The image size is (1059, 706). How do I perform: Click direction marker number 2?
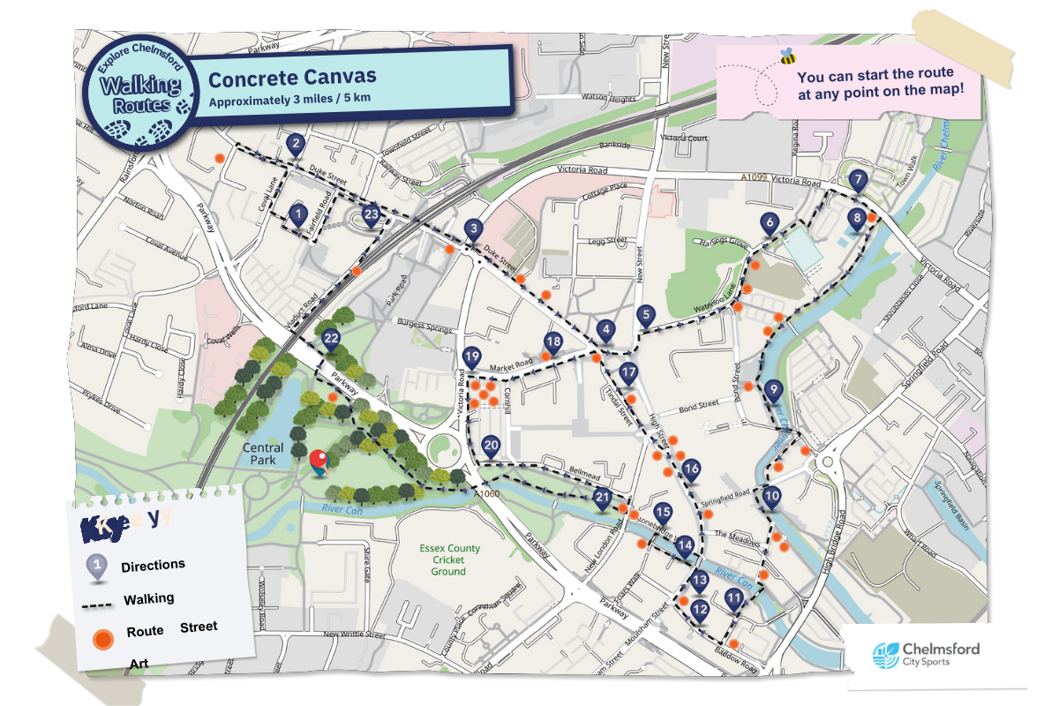pos(296,144)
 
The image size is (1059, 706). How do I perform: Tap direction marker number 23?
pos(372,215)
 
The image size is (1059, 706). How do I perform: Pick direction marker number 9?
pos(773,390)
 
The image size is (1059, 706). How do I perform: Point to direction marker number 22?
pos(331,340)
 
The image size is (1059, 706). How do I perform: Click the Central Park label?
pos(263,454)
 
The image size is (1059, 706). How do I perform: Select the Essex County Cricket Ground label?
pos(450,560)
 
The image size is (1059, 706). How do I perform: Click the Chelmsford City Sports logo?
pos(926,654)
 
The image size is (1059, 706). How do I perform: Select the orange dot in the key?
pos(103,637)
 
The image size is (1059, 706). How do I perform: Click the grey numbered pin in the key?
pos(98,567)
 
